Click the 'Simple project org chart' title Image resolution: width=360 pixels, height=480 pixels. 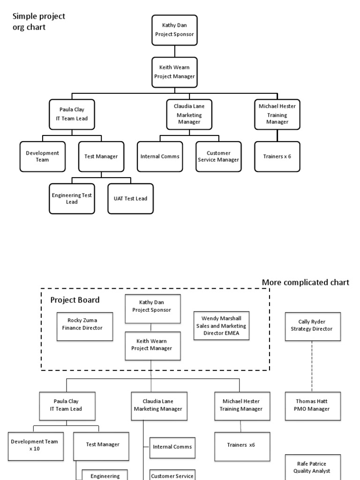pyautogui.click(x=38, y=22)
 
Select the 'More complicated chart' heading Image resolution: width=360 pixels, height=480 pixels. pyautogui.click(x=305, y=282)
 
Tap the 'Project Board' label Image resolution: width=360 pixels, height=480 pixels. pyautogui.click(x=75, y=300)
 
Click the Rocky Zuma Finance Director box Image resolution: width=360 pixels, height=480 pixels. pyautogui.click(x=85, y=324)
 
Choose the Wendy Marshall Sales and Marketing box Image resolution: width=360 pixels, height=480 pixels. pyautogui.click(x=221, y=325)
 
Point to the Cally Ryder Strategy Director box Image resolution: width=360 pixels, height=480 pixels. pyautogui.click(x=313, y=325)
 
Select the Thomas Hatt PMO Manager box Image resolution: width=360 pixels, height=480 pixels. pyautogui.click(x=313, y=405)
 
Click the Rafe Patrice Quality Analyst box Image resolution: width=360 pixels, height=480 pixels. pyautogui.click(x=313, y=467)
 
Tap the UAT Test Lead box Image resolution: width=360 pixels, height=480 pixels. pyautogui.click(x=130, y=198)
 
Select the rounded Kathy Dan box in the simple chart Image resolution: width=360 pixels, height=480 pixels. pyautogui.click(x=174, y=30)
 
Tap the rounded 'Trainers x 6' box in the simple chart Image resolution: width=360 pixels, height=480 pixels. pyautogui.click(x=277, y=156)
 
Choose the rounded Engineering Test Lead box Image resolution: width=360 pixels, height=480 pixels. pyautogui.click(x=72, y=198)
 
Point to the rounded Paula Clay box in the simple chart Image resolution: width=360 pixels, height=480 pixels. pyautogui.click(x=68, y=114)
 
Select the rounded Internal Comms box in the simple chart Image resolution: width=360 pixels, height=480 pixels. pyautogui.click(x=160, y=156)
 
